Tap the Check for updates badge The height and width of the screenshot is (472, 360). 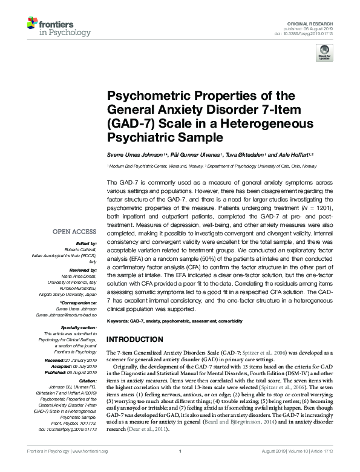324,53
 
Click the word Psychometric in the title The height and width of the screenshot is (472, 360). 142,96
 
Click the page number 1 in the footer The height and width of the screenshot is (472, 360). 180,468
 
